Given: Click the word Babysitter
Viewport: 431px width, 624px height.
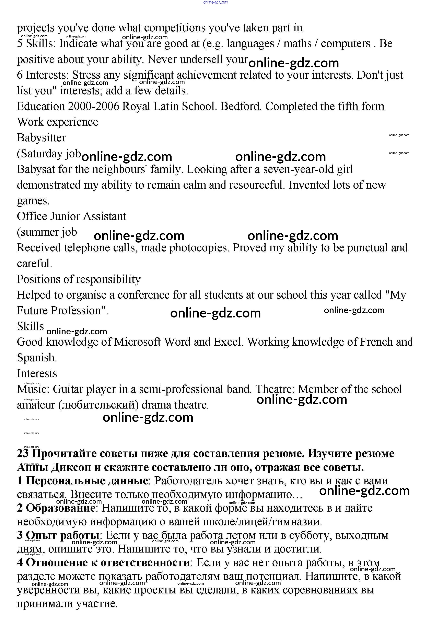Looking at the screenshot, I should click(41, 138).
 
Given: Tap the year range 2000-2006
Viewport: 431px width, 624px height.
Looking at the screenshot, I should click(93, 107).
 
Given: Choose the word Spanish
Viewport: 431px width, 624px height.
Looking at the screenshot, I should click(37, 358).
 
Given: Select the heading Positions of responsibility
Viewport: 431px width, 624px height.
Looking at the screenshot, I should click(79, 279).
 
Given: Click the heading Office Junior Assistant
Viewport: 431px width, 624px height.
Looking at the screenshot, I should click(72, 216).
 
